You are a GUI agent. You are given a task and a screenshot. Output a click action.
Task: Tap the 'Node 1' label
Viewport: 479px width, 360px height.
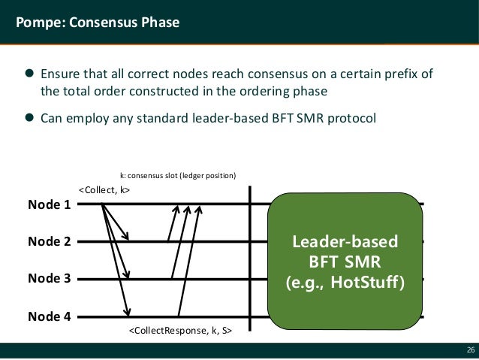(x=49, y=204)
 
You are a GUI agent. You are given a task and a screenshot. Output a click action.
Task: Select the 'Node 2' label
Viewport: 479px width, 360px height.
(x=49, y=241)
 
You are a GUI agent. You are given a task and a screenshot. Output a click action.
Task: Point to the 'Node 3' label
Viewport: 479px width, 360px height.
(x=49, y=278)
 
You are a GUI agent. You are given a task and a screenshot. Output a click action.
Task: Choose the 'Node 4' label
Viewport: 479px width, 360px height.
(x=49, y=316)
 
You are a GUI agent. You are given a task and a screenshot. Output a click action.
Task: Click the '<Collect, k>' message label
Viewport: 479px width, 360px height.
(x=104, y=189)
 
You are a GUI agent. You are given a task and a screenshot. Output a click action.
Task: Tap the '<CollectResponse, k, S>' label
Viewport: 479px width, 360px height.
(x=179, y=330)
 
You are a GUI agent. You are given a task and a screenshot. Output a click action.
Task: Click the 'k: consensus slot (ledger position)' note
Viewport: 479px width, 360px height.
(x=178, y=175)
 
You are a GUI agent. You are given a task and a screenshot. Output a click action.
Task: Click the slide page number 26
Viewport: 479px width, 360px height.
(x=470, y=350)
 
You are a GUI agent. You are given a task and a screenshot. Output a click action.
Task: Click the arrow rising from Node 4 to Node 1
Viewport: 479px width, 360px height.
(x=188, y=259)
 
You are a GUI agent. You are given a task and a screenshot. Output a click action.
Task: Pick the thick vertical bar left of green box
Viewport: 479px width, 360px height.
(x=249, y=259)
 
